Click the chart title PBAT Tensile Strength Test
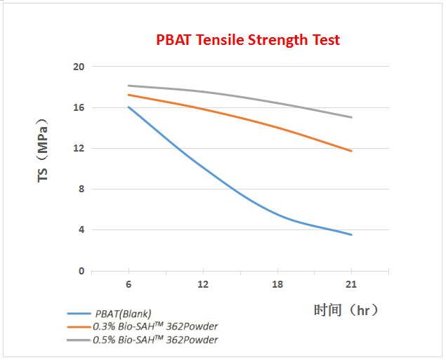tap(248, 40)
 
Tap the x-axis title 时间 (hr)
tap(346, 309)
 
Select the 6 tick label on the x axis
tap(129, 284)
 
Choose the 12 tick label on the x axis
tap(202, 284)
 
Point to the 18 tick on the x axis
tap(277, 284)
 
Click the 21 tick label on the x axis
tap(350, 284)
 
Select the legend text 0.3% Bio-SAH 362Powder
tap(155, 326)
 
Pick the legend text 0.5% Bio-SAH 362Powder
tap(155, 340)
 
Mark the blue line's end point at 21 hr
tap(351, 234)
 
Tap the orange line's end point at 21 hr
tap(351, 151)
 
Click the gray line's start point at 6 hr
tap(129, 86)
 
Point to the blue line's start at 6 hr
tap(129, 107)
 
